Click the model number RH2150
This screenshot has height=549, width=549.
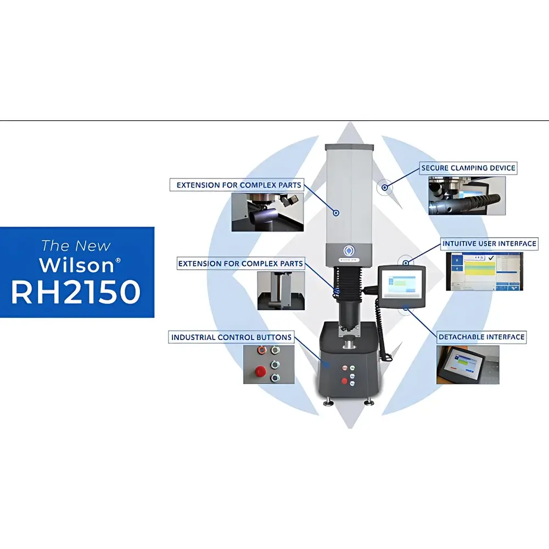[76, 292]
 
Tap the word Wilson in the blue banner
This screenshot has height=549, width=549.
[76, 265]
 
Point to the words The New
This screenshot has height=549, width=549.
[76, 245]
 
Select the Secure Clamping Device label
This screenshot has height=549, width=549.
[468, 167]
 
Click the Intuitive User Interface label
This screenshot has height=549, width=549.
[489, 243]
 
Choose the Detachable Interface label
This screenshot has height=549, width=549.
[481, 337]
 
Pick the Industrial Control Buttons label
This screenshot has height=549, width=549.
[231, 337]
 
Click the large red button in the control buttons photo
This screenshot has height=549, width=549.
[260, 372]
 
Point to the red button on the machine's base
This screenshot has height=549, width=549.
[344, 380]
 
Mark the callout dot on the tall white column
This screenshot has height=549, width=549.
[337, 212]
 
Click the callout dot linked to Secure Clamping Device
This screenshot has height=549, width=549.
[385, 188]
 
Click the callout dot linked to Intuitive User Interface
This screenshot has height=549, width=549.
[405, 261]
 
